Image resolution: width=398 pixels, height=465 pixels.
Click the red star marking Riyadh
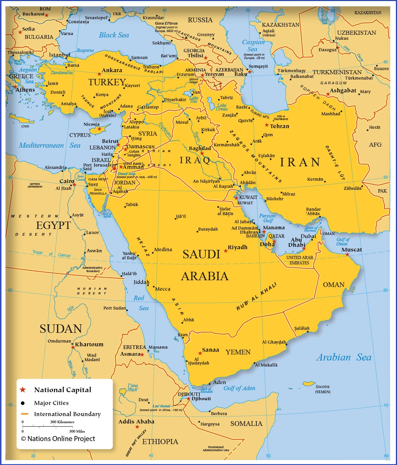point(226,251)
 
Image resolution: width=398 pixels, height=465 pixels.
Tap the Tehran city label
point(279,126)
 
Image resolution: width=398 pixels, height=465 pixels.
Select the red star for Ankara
point(99,74)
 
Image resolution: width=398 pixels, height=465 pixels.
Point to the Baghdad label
point(200,148)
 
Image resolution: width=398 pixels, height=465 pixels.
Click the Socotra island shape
point(308,384)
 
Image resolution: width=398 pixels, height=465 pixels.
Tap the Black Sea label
point(114,35)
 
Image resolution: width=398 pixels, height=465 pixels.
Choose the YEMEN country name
point(238,352)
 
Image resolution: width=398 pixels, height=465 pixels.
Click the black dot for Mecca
point(153,287)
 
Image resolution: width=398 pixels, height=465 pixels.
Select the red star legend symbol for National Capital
point(23,390)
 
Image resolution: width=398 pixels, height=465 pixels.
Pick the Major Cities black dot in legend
point(23,403)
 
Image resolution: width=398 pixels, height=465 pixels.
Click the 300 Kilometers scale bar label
point(62,422)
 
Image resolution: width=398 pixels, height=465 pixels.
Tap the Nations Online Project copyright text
point(58,439)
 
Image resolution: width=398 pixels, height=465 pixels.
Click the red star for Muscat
point(347,255)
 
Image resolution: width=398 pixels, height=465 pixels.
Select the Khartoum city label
point(89,344)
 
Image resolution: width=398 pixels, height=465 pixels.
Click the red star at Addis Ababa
point(137,427)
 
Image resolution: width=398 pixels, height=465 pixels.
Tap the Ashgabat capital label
point(343,90)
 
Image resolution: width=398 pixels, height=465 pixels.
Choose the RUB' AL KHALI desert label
point(256,296)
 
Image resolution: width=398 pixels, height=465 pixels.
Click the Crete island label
point(25,126)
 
